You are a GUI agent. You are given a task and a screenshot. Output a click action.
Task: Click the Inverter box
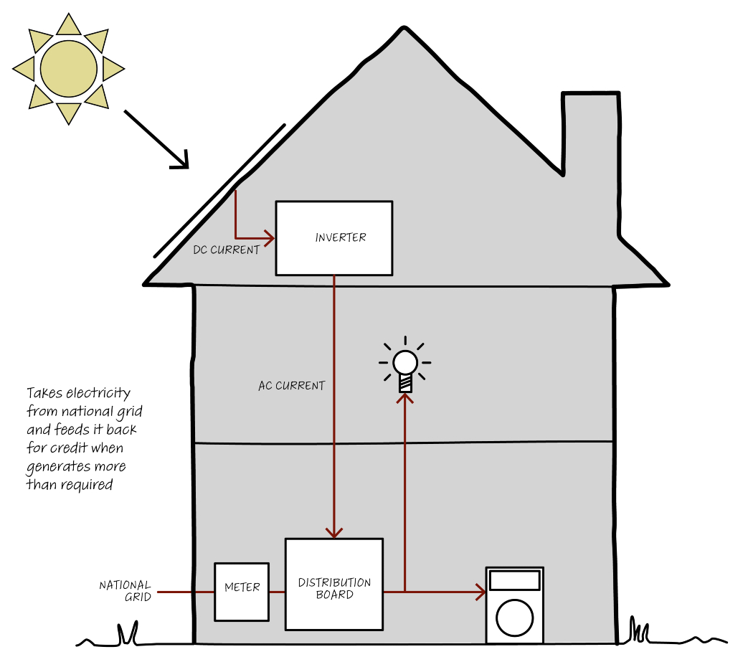click(x=334, y=238)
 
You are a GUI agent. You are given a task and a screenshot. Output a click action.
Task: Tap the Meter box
click(x=242, y=592)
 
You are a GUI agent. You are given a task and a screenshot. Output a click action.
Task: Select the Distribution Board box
click(x=334, y=585)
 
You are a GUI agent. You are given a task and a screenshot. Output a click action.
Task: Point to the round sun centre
click(x=69, y=69)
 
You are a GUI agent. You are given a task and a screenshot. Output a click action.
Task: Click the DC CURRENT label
click(x=227, y=250)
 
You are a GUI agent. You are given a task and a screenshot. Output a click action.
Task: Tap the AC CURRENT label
click(x=291, y=386)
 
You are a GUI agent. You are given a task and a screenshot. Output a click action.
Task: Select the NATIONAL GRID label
click(x=126, y=591)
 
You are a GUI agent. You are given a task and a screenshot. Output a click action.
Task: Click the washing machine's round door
click(x=514, y=617)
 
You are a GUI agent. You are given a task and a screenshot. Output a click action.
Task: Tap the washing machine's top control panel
click(x=514, y=580)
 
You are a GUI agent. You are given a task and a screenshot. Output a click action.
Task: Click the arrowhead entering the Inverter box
click(x=270, y=237)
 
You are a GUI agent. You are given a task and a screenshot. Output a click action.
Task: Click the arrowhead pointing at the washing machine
click(x=480, y=592)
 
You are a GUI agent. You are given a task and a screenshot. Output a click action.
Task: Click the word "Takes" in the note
click(x=44, y=393)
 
